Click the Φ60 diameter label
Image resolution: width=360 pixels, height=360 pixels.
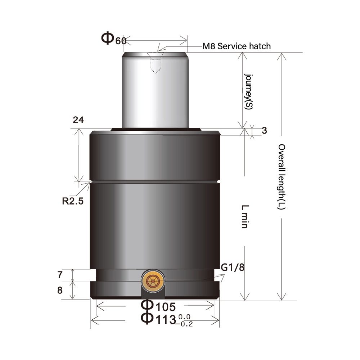click(x=113, y=39)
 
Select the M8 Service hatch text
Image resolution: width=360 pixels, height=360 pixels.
click(x=237, y=46)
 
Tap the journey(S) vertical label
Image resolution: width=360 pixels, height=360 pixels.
click(x=249, y=92)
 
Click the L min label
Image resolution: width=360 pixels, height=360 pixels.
click(x=244, y=216)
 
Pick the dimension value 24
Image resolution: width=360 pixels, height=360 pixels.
click(x=78, y=120)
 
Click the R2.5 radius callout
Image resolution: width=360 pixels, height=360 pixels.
click(x=72, y=201)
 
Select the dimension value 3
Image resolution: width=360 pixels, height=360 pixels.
click(x=264, y=131)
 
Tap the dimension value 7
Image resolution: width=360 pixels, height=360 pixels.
click(x=60, y=275)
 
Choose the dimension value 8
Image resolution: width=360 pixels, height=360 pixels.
click(x=60, y=290)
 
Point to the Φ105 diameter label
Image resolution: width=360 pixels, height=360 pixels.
click(x=158, y=307)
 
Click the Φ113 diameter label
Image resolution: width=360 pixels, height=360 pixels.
click(x=158, y=319)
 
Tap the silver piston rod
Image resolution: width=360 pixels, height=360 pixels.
click(x=154, y=90)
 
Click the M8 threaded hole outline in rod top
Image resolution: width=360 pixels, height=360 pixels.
click(x=156, y=63)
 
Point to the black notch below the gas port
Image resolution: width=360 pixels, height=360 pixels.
click(x=153, y=294)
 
